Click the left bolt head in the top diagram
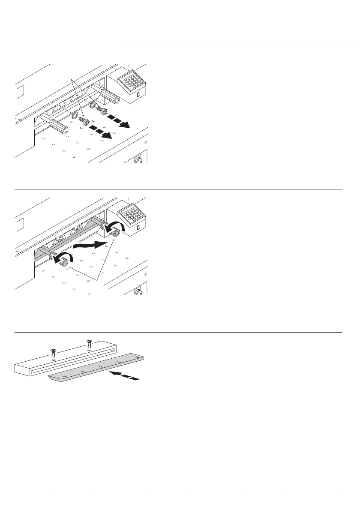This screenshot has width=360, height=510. pyautogui.click(x=86, y=122)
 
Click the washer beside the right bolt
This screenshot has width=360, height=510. pyautogui.click(x=92, y=103)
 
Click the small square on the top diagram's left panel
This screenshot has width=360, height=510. pyautogui.click(x=20, y=92)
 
